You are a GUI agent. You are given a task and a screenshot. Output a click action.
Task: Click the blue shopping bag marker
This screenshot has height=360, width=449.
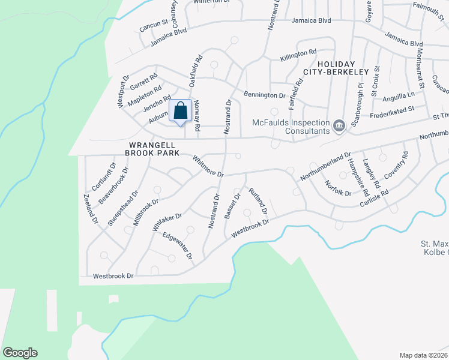click(181, 111)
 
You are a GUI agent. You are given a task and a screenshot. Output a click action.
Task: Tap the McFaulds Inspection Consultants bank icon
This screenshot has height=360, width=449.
click(339, 125)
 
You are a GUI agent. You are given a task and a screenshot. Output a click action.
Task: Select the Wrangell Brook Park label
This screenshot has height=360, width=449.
click(152, 149)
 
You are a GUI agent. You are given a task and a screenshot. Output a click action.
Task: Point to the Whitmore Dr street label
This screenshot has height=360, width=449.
click(208, 167)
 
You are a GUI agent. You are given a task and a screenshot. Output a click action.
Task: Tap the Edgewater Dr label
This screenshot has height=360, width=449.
click(177, 247)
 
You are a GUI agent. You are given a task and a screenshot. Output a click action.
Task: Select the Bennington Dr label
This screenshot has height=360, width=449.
click(264, 95)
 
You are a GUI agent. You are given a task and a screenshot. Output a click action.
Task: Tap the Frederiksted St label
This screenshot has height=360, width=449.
click(393, 110)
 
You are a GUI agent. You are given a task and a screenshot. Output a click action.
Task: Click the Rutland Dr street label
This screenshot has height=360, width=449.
click(258, 203)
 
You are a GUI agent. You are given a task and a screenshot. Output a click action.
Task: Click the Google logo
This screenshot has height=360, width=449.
click(20, 353)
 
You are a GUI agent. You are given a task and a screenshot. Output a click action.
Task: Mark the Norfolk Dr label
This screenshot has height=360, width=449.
click(337, 188)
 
